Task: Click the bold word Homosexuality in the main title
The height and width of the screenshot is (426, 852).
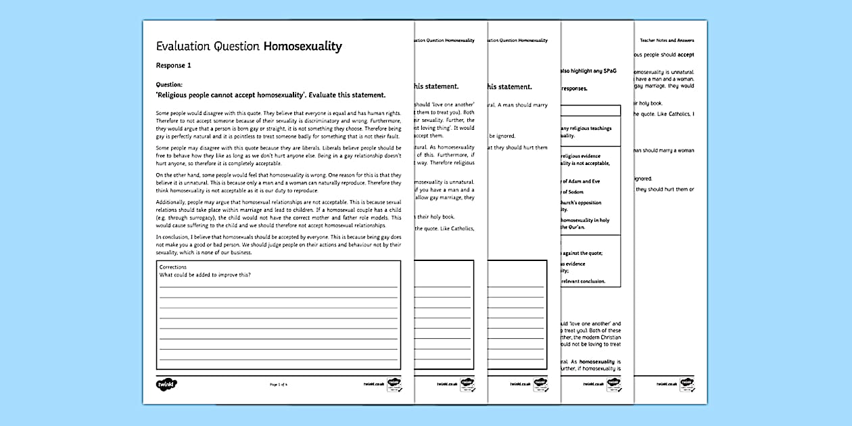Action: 302,47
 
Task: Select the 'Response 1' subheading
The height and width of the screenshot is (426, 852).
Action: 174,66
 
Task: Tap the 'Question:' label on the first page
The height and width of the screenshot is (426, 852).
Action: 169,85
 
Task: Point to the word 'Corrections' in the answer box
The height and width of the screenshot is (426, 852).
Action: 173,268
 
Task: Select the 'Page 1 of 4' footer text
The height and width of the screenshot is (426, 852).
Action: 279,384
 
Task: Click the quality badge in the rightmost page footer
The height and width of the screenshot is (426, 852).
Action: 687,383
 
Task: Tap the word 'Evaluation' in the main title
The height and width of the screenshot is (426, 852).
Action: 185,47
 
